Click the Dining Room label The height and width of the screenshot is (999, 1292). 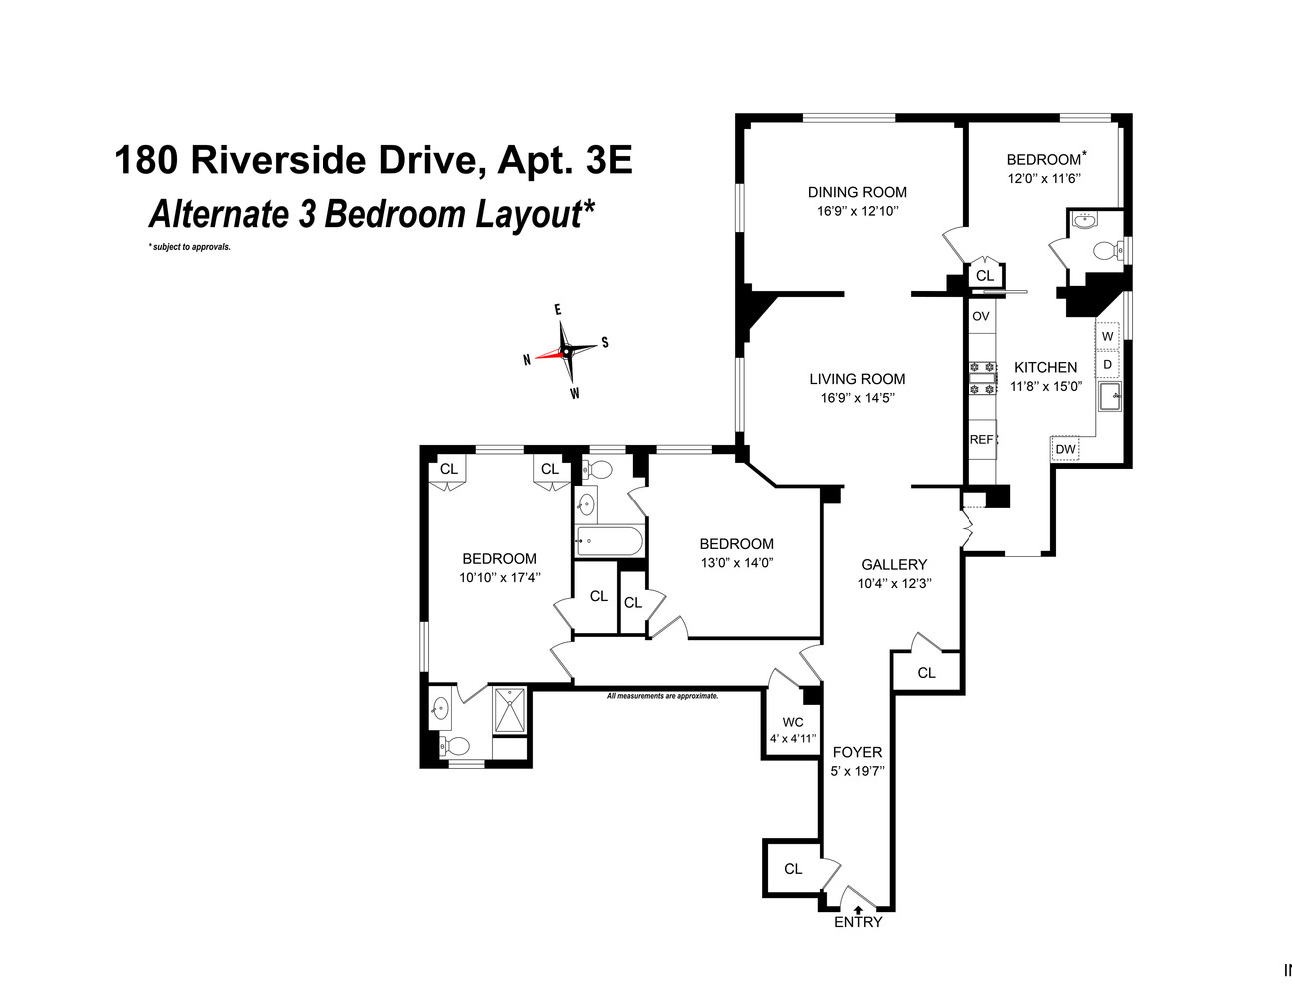click(x=857, y=192)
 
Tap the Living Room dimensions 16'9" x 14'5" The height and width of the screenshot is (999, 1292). click(x=857, y=398)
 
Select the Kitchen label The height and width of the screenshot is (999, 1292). click(x=1045, y=367)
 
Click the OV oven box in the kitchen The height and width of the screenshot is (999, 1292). click(x=981, y=316)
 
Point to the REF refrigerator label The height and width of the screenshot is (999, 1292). click(x=981, y=440)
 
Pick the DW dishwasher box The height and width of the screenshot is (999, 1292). click(x=1066, y=449)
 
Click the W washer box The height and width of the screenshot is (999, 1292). click(x=1107, y=337)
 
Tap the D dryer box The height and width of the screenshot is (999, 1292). click(x=1107, y=364)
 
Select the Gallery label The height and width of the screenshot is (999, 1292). click(x=894, y=564)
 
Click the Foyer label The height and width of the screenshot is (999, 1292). click(x=857, y=752)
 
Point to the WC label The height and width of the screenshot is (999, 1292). click(x=793, y=722)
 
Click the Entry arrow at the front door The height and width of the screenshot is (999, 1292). click(x=858, y=910)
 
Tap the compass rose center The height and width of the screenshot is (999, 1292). click(x=566, y=351)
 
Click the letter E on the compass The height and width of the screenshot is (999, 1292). click(x=558, y=310)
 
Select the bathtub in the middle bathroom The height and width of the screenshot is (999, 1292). click(x=609, y=542)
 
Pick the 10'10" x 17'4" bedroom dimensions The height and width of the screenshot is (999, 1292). click(x=499, y=577)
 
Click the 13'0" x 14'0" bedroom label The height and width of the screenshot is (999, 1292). click(x=736, y=544)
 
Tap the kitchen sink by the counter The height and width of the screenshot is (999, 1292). click(x=1108, y=397)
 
